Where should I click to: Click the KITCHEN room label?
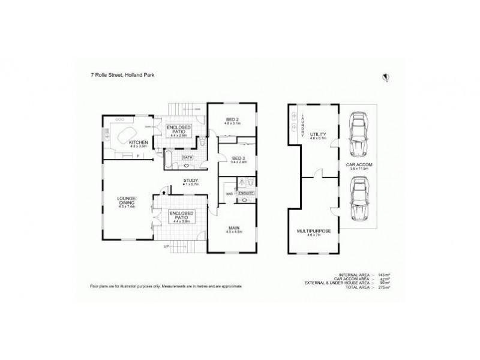pyautogui.click(x=138, y=142)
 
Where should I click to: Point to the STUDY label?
pyautogui.click(x=191, y=180)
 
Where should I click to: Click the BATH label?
pyautogui.click(x=187, y=158)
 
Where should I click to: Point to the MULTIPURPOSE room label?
pyautogui.click(x=314, y=230)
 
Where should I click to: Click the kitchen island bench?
pyautogui.click(x=130, y=133)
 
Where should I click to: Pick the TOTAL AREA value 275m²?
pyautogui.click(x=386, y=288)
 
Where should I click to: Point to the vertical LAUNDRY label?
pyautogui.click(x=304, y=124)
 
